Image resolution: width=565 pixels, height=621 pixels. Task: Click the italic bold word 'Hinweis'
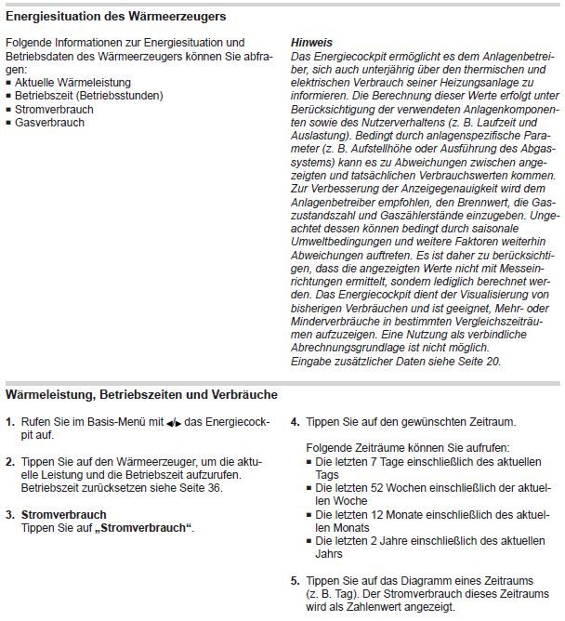(x=311, y=43)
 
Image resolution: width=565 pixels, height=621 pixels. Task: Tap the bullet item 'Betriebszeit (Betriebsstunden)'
(x=85, y=96)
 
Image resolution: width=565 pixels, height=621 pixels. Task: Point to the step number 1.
(x=10, y=422)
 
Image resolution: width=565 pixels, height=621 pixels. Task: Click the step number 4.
(x=296, y=422)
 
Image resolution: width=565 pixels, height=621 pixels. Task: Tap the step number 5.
(x=296, y=581)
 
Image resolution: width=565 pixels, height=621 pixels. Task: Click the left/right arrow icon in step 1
(x=174, y=423)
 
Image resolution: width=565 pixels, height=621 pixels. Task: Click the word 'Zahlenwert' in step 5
(x=388, y=607)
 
